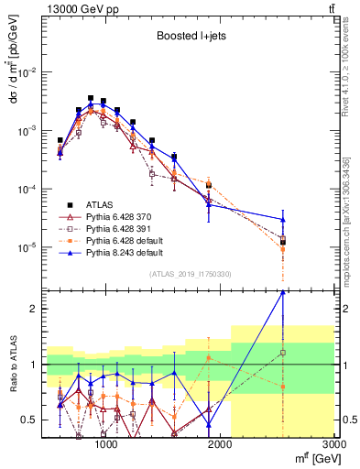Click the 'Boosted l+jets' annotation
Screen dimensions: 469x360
[x=188, y=37]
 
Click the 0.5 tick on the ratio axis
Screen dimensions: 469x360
[x=31, y=420]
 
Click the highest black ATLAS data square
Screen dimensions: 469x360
[x=91, y=98]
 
